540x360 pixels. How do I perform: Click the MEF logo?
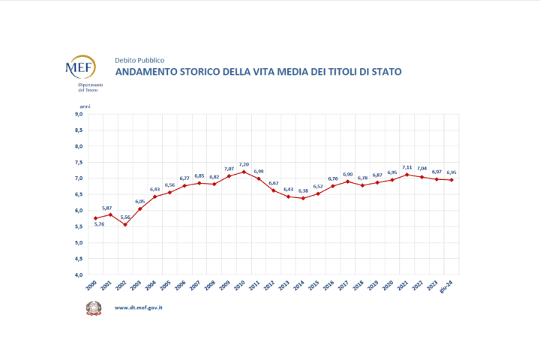(80, 70)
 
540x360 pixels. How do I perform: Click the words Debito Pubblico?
(139, 60)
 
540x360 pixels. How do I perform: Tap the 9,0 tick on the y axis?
(78, 115)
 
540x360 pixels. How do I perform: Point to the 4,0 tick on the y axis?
(78, 274)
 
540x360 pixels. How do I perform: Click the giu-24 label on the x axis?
(451, 287)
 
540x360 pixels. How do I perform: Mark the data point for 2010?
(243, 172)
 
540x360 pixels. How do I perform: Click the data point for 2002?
(125, 224)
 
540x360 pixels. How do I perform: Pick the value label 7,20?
(243, 163)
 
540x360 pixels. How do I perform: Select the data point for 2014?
(302, 198)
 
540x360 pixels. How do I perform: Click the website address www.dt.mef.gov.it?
(139, 307)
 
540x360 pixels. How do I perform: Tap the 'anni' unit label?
(85, 107)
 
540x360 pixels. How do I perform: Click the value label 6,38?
(303, 190)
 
